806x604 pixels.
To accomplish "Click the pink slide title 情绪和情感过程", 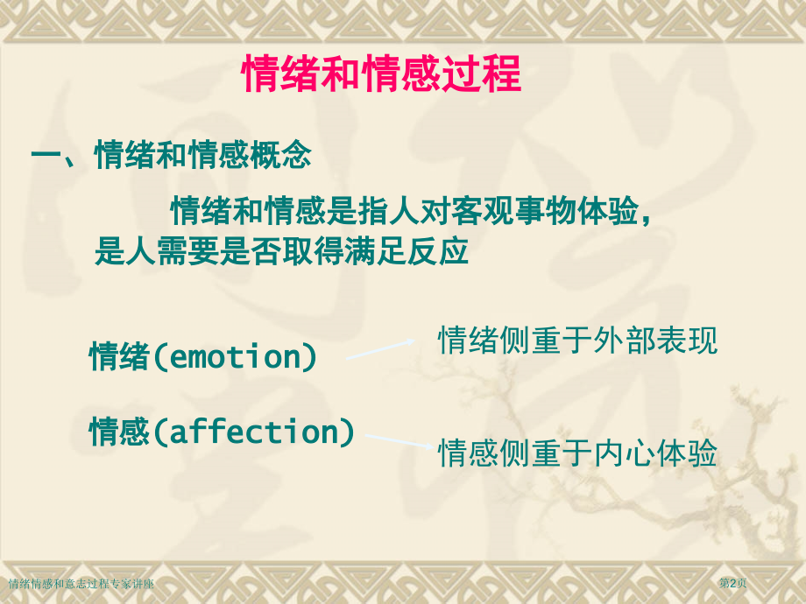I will coord(381,75).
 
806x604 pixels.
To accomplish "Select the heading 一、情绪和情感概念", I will coord(172,158).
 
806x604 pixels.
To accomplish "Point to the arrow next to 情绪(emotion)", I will coord(380,349).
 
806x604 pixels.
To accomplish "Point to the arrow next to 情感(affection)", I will coord(398,441).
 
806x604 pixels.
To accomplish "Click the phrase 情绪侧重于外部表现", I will coord(577,341).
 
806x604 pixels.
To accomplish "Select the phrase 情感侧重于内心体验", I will coord(577,453).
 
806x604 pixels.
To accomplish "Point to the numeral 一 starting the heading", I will coord(45,158).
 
